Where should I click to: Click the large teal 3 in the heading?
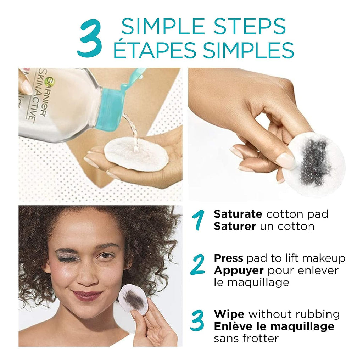click(90, 38)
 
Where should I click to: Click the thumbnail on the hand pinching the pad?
click(286, 160)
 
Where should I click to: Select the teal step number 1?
click(198, 220)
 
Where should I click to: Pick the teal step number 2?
click(197, 264)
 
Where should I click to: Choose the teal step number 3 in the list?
click(197, 320)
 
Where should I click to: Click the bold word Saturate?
click(238, 214)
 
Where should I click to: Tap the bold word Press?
click(228, 258)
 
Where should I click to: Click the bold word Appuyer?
click(239, 270)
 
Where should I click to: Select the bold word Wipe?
click(229, 314)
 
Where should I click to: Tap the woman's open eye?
click(106, 256)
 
